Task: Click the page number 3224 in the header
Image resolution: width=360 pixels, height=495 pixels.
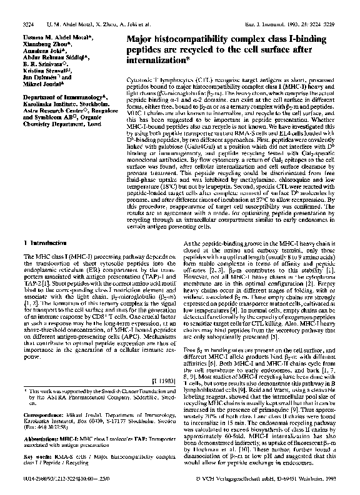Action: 27,23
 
